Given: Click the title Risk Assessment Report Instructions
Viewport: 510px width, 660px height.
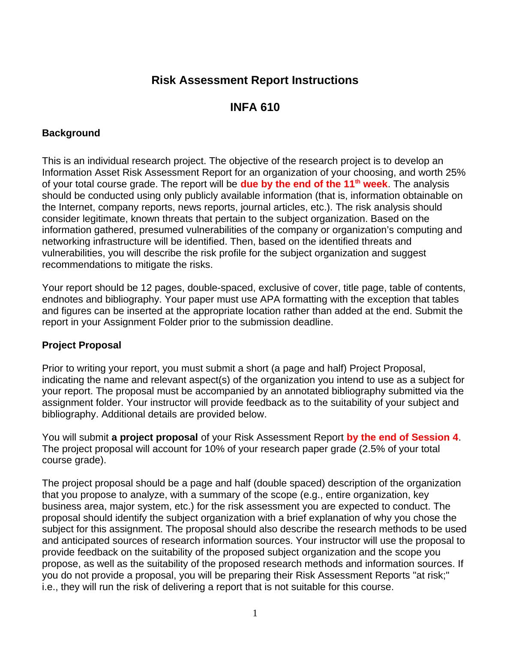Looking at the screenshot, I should [255, 80].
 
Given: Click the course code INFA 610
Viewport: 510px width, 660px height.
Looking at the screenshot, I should [255, 107].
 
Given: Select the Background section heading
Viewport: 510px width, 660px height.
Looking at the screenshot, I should [71, 133].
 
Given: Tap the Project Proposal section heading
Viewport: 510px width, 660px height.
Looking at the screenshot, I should [81, 345].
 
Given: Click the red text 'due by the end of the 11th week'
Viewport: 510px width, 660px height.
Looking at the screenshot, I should [314, 184].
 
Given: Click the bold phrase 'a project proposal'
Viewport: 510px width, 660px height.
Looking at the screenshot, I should [155, 438].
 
